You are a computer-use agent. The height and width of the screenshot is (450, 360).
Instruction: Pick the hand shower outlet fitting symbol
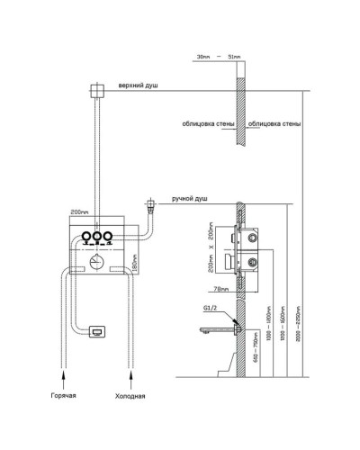(x=152, y=204)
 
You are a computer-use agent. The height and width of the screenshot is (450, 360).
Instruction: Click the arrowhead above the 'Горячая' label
(x=63, y=369)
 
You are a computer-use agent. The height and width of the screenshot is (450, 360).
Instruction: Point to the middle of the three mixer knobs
(x=95, y=238)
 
